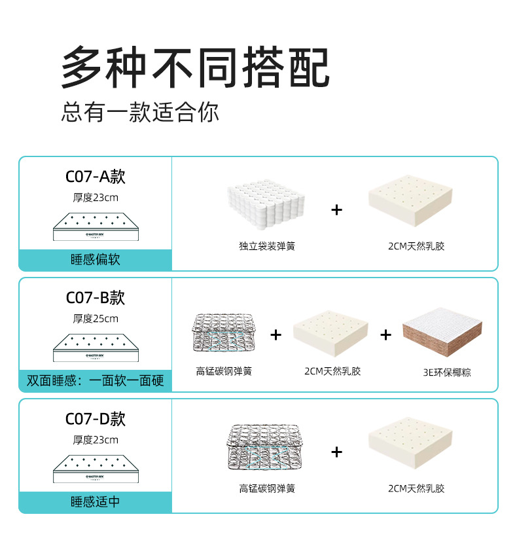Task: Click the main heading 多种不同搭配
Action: tap(195, 67)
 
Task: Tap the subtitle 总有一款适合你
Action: tap(140, 112)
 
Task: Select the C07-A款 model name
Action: tap(96, 177)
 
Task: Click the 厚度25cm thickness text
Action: tap(96, 319)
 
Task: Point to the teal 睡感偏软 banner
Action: tap(96, 260)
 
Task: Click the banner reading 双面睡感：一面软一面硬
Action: tap(96, 381)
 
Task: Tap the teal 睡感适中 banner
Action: tap(96, 502)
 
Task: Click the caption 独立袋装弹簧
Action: tap(266, 247)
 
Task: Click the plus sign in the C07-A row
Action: tap(336, 209)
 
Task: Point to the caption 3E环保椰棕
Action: tap(446, 372)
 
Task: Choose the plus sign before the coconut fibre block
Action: tap(386, 335)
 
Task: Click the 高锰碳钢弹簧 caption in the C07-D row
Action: tap(266, 489)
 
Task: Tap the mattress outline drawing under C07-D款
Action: tap(96, 469)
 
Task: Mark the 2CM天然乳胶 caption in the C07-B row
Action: tap(332, 371)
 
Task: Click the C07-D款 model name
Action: tap(96, 419)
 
